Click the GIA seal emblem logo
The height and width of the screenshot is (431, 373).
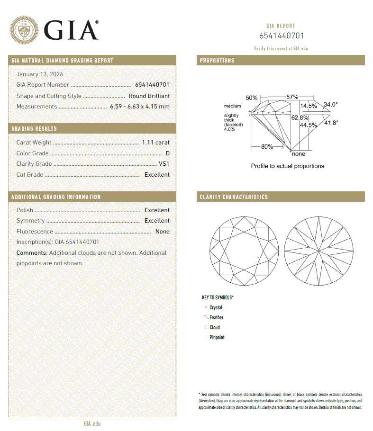coord(25,30)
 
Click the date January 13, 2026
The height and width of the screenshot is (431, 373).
coord(40,74)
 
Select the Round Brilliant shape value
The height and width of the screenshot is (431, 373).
coord(149,96)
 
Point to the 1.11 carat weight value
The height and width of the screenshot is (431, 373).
coord(155,143)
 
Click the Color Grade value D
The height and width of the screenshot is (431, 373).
coord(167,153)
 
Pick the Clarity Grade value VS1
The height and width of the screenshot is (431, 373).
coord(164,164)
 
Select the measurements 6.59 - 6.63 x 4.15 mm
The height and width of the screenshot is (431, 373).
coord(139,107)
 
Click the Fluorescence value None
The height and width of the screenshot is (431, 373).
coord(162,232)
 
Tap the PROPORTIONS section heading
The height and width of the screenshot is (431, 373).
coord(217,61)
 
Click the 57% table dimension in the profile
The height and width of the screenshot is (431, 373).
coord(292,97)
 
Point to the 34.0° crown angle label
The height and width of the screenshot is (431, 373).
coord(330,105)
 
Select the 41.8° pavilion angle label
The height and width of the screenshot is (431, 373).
coord(331,123)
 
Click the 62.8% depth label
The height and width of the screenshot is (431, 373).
coord(300,117)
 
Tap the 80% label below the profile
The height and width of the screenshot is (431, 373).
coord(267,147)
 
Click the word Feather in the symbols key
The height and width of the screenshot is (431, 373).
coord(217,318)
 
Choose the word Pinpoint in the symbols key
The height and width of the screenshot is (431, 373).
coord(217,338)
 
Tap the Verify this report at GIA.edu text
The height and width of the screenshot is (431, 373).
coord(281,49)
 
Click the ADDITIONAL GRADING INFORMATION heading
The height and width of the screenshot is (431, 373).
coord(56,197)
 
